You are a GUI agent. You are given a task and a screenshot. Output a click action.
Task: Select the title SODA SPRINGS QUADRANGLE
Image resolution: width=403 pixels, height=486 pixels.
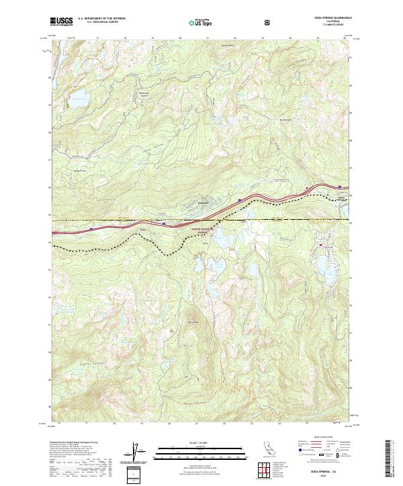coord(328,17)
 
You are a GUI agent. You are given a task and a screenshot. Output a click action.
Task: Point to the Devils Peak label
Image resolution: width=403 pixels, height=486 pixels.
coord(194,322)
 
